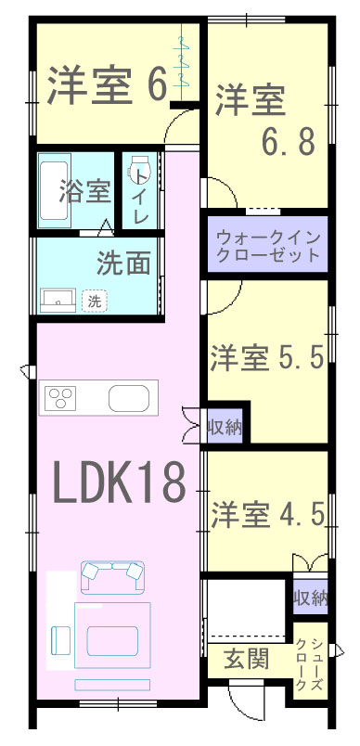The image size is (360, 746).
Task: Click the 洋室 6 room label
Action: click(107, 86)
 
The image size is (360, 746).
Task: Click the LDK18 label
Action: click(119, 483)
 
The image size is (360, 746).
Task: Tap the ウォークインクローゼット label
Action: click(267, 246)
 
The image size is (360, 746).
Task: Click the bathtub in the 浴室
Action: click(53, 190)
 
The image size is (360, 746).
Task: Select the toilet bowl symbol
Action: click(140, 167)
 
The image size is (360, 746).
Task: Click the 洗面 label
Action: click(123, 263)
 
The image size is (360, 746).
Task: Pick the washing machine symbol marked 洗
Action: click(94, 302)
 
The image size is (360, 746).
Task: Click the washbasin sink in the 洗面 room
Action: click(58, 301)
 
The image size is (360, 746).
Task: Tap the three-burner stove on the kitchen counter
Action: click(60, 397)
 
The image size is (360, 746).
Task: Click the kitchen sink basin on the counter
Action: click(128, 398)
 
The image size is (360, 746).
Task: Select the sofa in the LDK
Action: click(112, 577)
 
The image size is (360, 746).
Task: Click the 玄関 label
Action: click(247, 659)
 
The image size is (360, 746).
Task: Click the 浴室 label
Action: click(85, 192)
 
